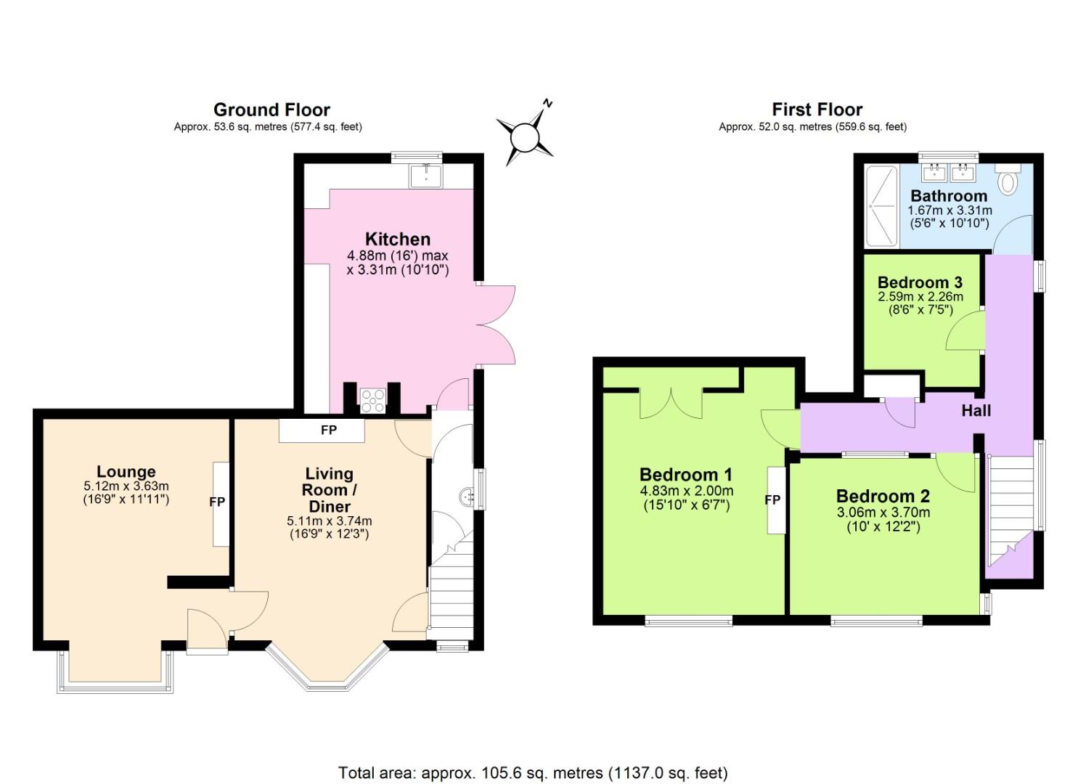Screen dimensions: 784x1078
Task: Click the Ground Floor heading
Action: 271,110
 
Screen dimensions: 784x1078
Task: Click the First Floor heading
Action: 817,110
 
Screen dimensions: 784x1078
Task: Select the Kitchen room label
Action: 397,239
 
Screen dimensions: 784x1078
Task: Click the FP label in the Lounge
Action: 217,502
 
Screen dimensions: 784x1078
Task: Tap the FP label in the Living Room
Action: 329,430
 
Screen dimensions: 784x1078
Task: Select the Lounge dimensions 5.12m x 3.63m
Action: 126,486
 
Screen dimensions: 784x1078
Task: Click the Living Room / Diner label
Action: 330,490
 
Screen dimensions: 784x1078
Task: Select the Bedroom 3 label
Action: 920,282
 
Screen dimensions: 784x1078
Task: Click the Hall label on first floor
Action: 976,411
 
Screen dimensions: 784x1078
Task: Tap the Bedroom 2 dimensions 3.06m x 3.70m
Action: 883,513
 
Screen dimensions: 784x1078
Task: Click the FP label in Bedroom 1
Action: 772,499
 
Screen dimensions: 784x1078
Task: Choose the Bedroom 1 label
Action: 685,475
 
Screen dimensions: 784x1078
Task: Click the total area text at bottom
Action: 533,772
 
